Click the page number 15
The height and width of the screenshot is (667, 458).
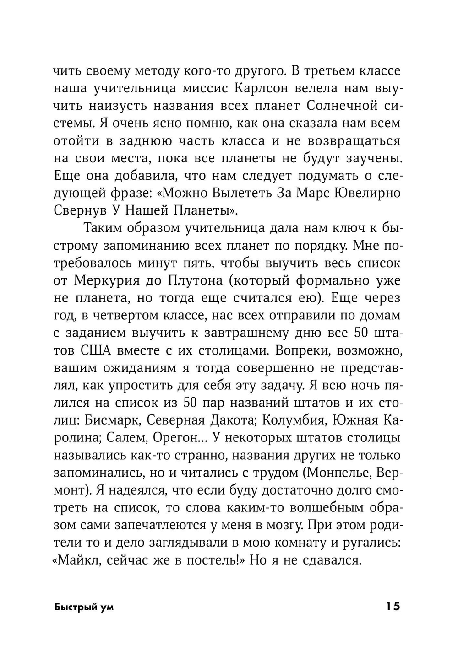pos(393,606)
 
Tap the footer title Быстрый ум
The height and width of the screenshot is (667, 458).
pos(84,607)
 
